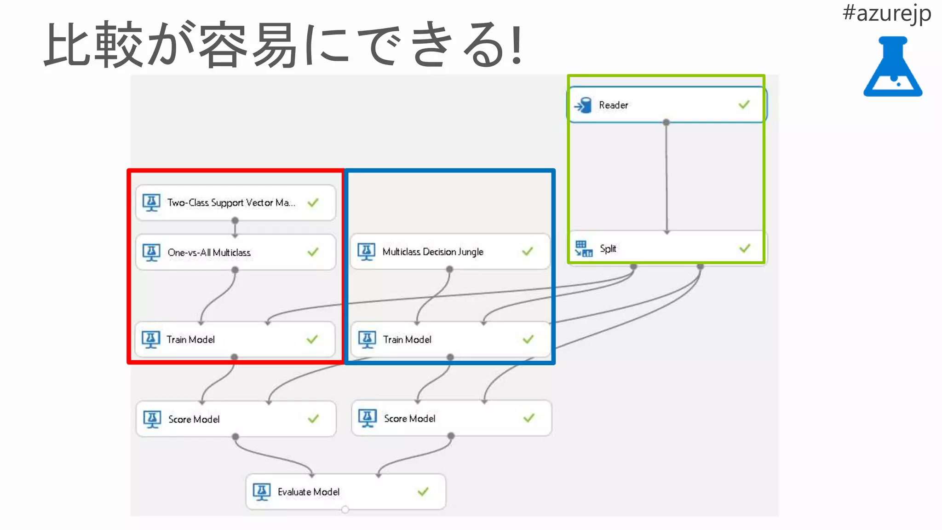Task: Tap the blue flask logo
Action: pos(893,67)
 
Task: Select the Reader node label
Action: pos(613,105)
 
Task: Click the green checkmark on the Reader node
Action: pos(744,105)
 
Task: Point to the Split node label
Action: pos(608,249)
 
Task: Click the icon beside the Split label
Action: pos(584,248)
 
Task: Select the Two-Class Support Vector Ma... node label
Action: pos(231,203)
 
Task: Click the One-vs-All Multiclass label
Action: pos(209,253)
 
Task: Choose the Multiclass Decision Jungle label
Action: pos(433,252)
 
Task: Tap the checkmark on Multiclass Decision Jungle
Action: pos(528,251)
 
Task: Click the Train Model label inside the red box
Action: pos(190,340)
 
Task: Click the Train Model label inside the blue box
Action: pos(407,340)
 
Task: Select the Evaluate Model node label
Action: pos(309,492)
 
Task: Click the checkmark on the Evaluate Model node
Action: pos(423,492)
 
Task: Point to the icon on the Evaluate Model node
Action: pos(262,492)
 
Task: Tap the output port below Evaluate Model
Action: pos(345,509)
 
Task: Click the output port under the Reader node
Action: pos(666,122)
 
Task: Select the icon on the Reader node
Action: pos(583,105)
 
